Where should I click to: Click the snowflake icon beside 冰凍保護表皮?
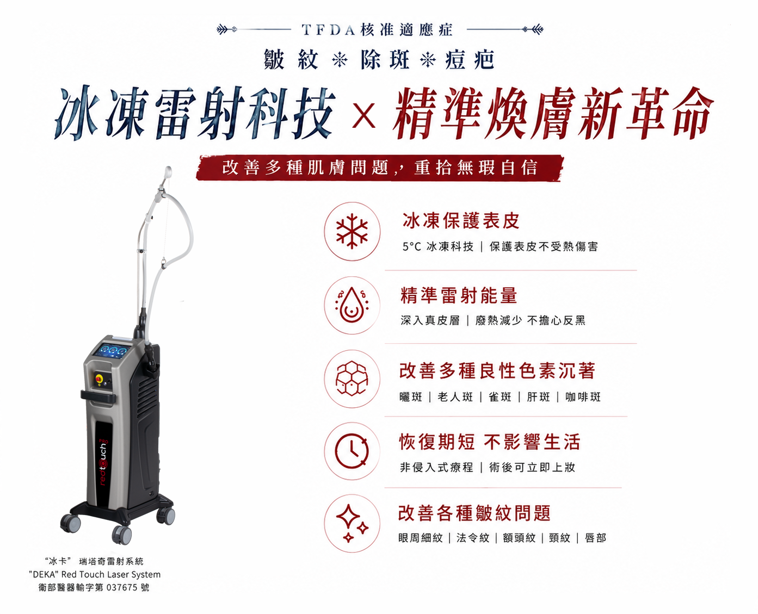(352, 231)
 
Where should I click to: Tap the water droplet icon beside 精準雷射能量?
(352, 305)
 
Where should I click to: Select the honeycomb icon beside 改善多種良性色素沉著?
(352, 379)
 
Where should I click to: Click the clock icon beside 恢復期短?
(352, 451)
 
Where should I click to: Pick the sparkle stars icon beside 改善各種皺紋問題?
(352, 523)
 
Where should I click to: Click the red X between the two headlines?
(363, 115)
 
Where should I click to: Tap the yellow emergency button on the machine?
(98, 377)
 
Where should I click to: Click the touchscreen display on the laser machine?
(112, 350)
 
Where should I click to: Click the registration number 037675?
(122, 587)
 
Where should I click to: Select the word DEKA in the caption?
(45, 574)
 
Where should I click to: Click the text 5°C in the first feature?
(412, 246)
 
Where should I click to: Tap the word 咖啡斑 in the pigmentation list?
(583, 397)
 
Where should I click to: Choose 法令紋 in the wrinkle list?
(473, 538)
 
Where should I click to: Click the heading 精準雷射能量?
(459, 296)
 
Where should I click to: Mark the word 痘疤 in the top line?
(470, 59)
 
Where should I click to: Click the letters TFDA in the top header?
(328, 30)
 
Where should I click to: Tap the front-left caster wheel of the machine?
(70, 523)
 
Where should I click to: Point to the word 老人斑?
(455, 397)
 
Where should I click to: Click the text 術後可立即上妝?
(532, 467)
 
